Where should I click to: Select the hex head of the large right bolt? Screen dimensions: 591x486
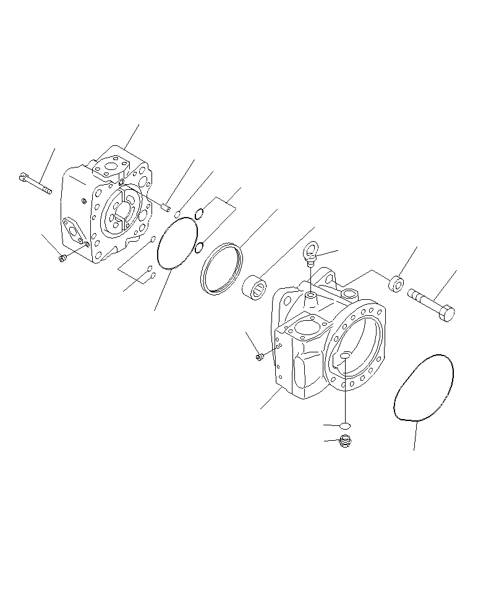tap(446, 313)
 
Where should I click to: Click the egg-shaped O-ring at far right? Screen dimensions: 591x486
tap(424, 388)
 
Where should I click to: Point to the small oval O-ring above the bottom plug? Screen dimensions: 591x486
tap(345, 425)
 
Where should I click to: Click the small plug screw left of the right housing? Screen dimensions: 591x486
tap(260, 356)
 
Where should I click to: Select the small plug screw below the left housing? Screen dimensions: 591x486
tap(62, 258)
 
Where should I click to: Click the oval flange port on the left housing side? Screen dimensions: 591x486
tap(74, 231)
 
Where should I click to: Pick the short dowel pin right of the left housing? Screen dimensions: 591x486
tap(166, 208)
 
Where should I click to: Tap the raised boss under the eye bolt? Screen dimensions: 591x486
tap(311, 299)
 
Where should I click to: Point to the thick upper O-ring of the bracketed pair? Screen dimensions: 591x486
tap(200, 215)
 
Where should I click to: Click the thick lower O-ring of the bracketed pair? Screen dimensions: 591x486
tap(199, 248)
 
